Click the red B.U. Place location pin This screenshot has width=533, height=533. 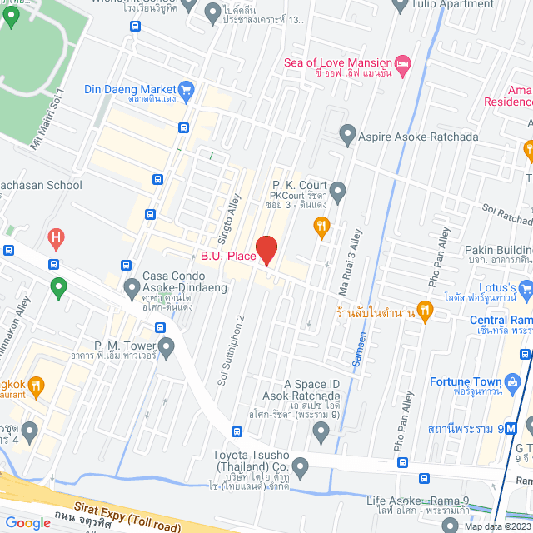click(266, 250)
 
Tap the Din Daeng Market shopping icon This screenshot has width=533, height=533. click(187, 89)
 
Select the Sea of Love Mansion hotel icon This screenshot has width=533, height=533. click(403, 63)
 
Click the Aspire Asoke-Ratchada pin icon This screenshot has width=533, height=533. click(347, 134)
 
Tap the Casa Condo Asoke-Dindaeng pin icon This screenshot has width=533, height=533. click(131, 288)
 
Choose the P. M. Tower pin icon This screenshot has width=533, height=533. click(167, 346)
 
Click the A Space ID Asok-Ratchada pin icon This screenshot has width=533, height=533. click(321, 431)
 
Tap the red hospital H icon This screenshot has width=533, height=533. click(57, 238)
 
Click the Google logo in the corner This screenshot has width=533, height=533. click(27, 522)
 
